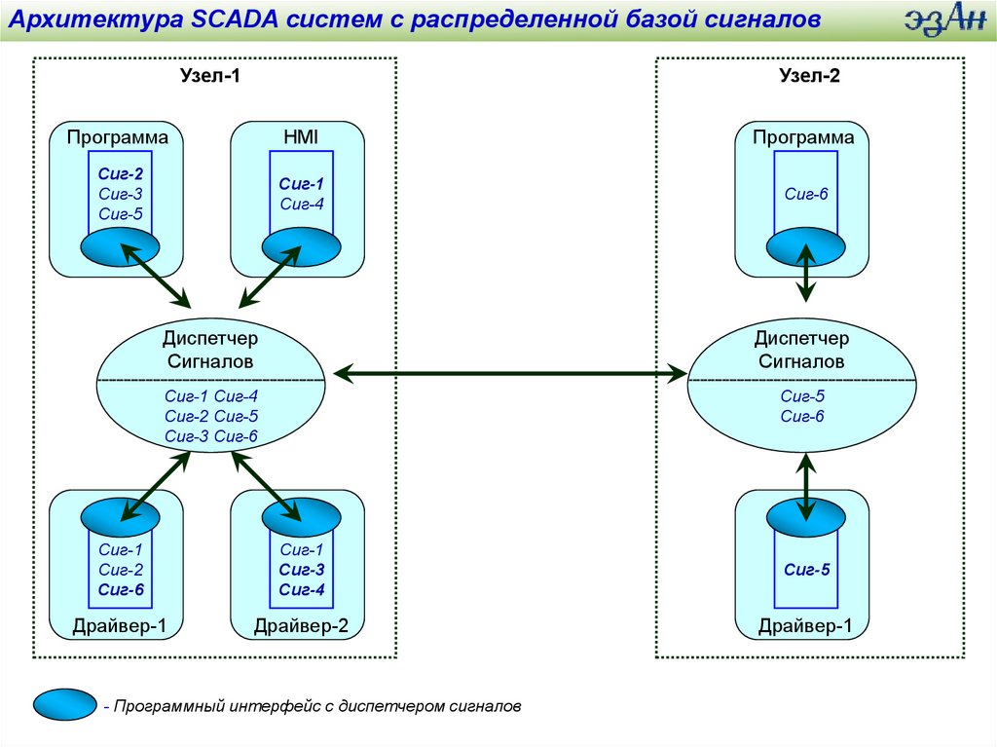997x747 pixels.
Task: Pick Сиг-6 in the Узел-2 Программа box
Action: pos(805,194)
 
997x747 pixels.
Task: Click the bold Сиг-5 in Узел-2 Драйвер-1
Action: pos(807,571)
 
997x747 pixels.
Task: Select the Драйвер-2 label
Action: pos(301,626)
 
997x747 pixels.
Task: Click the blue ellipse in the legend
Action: pos(64,704)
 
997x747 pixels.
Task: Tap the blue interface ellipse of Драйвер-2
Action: pos(296,513)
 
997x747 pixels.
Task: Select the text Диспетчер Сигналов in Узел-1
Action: pos(209,350)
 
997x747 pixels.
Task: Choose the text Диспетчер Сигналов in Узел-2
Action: pos(801,350)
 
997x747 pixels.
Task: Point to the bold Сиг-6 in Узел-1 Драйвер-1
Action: pos(121,589)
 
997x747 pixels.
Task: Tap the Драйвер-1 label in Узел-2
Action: pos(805,626)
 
